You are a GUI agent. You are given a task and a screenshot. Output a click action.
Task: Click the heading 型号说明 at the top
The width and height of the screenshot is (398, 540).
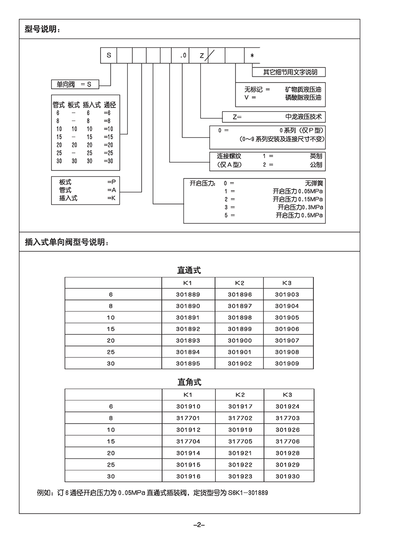click(42, 29)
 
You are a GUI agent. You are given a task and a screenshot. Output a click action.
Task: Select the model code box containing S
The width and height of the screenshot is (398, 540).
click(109, 55)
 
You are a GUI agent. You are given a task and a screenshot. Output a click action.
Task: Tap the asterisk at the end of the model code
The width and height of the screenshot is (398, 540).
click(252, 56)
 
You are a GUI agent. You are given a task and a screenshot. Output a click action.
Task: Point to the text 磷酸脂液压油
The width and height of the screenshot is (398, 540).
click(303, 98)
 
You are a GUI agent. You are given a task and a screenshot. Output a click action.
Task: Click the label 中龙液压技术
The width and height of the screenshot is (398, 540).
click(303, 117)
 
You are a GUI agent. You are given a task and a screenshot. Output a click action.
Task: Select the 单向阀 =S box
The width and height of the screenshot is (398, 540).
click(74, 85)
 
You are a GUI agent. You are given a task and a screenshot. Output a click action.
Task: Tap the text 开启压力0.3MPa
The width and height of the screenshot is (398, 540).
click(300, 207)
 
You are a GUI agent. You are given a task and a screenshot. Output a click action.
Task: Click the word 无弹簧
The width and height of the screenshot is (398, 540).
click(314, 183)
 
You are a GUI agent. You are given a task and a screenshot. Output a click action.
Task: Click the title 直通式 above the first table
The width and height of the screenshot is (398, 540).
click(189, 270)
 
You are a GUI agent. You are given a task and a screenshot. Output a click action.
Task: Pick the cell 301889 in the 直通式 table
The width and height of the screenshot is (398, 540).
click(188, 295)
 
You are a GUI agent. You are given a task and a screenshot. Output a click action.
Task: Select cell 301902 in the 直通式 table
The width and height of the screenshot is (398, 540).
click(240, 364)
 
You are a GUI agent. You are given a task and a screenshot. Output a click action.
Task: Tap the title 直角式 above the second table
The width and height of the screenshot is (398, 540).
click(189, 382)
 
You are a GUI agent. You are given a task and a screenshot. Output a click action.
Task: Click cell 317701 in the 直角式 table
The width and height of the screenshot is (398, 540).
click(188, 418)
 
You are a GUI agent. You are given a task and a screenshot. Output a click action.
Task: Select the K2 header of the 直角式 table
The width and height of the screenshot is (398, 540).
click(240, 395)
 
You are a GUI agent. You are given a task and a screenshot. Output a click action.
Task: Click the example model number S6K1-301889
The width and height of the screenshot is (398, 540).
click(248, 493)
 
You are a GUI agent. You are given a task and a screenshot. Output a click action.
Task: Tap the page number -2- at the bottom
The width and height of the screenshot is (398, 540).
click(199, 524)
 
